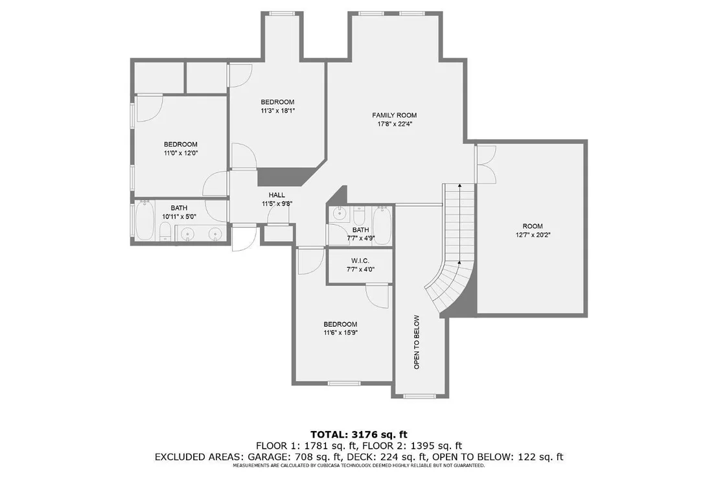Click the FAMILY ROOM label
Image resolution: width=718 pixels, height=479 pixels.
(x=394, y=115)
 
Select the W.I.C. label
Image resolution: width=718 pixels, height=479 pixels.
(x=360, y=261)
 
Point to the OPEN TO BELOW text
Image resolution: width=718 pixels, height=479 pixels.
(x=417, y=342)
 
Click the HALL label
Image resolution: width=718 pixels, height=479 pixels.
(x=277, y=195)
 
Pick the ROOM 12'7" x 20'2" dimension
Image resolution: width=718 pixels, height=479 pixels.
(x=533, y=235)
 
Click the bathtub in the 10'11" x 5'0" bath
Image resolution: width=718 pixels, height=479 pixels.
(x=145, y=220)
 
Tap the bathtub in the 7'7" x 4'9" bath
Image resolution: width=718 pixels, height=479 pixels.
(x=382, y=226)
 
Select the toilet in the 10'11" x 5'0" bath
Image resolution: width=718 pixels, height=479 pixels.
(x=165, y=231)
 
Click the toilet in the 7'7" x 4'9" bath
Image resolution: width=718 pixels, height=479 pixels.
(x=360, y=215)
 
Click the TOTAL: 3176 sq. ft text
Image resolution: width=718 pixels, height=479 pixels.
(x=359, y=434)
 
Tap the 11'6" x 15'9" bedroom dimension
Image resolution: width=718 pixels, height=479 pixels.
(x=340, y=333)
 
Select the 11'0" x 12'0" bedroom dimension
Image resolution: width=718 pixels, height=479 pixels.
(x=181, y=153)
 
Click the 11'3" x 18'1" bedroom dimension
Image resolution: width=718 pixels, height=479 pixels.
(x=277, y=110)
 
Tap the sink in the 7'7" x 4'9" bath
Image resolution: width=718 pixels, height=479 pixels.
(x=340, y=213)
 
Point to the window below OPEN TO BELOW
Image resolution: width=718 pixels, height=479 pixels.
(x=421, y=395)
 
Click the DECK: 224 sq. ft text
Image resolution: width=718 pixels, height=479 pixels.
(x=387, y=456)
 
